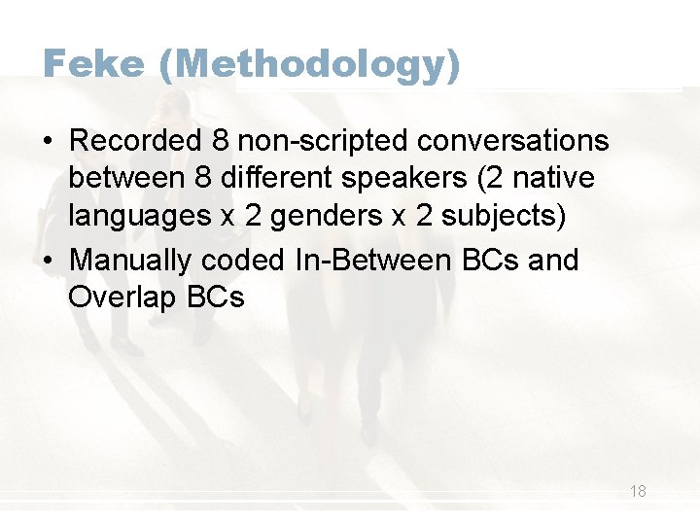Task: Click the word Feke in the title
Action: [x=93, y=65]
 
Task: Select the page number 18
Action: [x=638, y=491]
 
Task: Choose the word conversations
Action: [x=513, y=141]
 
